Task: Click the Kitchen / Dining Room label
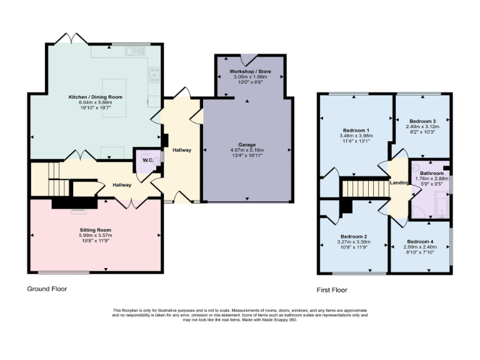tap(96, 97)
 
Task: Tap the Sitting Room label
tap(95, 230)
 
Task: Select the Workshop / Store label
tap(249, 72)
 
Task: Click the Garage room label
tap(247, 144)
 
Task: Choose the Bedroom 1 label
tap(356, 129)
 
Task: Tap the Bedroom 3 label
tap(422, 121)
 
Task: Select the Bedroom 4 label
tap(419, 241)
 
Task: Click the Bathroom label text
tap(431, 172)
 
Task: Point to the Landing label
tap(399, 183)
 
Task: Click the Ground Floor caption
tap(47, 289)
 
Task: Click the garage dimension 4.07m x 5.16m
tap(247, 151)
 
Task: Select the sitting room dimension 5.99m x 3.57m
tap(95, 236)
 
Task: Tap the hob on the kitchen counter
tap(154, 75)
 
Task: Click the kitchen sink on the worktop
tap(132, 52)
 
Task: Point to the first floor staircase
tap(361, 187)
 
